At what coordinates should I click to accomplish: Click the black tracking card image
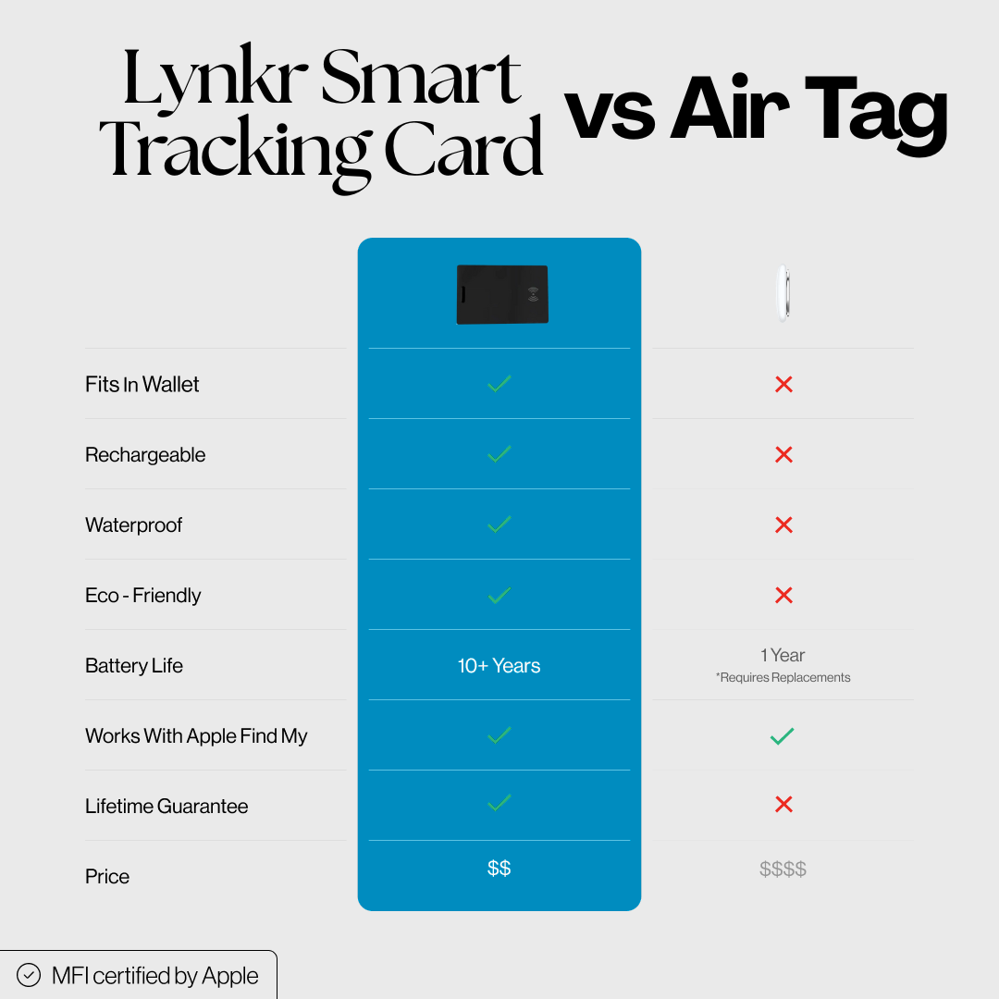502,294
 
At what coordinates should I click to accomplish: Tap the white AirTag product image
783,294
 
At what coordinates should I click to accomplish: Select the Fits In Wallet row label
142,384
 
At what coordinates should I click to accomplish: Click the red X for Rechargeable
783,454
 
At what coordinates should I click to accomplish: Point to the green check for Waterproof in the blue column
499,524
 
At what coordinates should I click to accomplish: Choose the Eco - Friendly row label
142,595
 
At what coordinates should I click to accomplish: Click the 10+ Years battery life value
499,665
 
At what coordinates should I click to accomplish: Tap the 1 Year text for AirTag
783,655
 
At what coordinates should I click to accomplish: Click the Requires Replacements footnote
783,677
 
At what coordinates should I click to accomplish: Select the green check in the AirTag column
783,736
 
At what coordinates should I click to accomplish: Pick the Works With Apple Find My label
196,736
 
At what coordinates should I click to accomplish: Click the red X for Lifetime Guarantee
783,804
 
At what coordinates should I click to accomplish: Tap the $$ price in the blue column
499,868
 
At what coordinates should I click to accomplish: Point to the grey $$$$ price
783,869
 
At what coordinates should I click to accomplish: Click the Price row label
107,876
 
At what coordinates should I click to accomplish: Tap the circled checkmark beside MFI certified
29,975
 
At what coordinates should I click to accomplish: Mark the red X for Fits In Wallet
783,384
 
